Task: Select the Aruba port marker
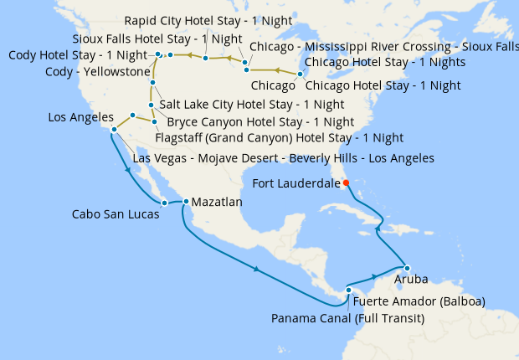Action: [406, 267]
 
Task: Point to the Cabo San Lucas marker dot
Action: [165, 203]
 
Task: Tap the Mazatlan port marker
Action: [186, 202]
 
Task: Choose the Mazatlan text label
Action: [217, 203]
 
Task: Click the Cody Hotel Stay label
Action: [78, 55]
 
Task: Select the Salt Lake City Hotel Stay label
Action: [251, 105]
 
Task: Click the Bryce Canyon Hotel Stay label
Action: [254, 121]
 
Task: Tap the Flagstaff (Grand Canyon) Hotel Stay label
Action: [280, 137]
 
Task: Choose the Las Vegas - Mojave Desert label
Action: [283, 157]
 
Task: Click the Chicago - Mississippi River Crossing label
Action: [383, 46]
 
